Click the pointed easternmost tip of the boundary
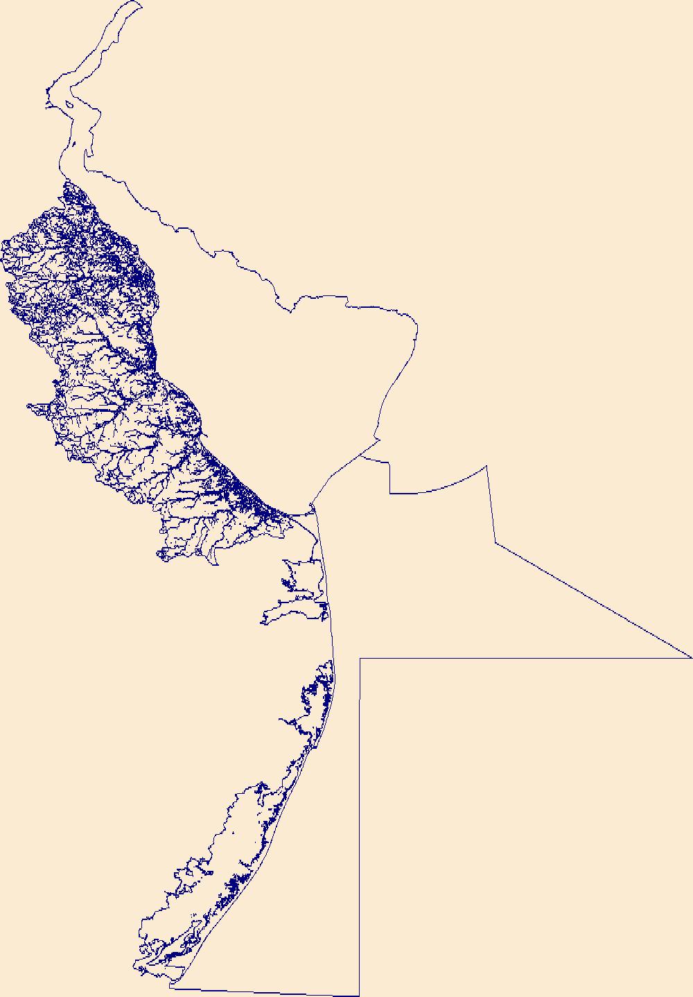691,657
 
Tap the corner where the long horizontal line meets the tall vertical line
360,658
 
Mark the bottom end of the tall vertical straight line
359,995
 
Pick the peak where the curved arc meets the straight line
487,466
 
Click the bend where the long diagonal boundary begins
495,543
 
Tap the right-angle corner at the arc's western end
390,493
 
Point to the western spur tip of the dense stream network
28,405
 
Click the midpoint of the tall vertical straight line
360,825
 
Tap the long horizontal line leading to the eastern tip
527,657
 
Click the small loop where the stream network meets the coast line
313,510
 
